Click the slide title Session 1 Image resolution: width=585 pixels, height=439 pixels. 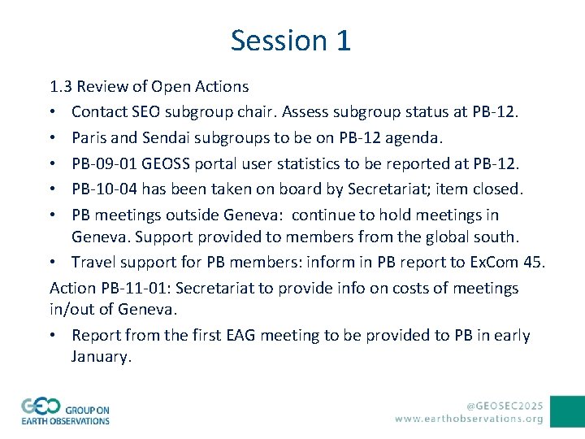click(291, 40)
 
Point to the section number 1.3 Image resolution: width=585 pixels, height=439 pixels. click(62, 86)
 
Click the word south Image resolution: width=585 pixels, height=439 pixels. click(496, 237)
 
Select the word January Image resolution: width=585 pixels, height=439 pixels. click(100, 357)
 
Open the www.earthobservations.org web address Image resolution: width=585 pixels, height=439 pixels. click(470, 419)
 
